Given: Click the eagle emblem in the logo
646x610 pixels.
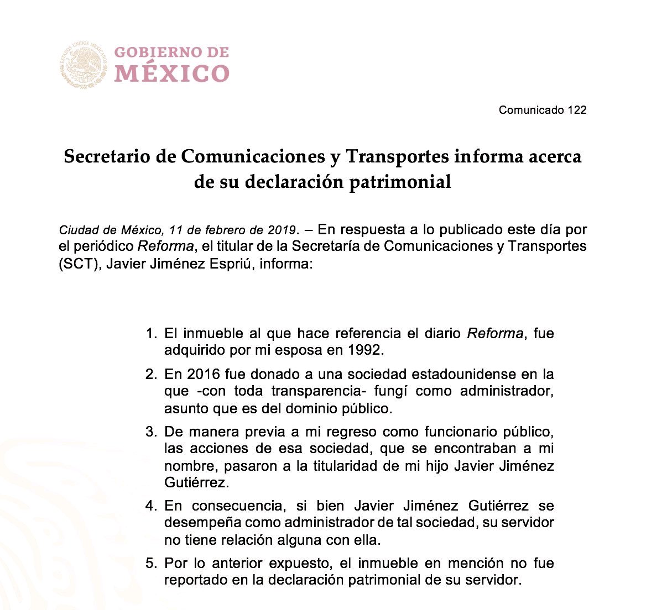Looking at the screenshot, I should [83, 65].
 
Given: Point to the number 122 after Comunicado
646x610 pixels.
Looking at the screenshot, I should [576, 109].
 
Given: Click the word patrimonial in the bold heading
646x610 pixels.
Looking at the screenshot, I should [400, 182].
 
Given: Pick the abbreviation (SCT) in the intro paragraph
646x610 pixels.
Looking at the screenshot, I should [80, 264].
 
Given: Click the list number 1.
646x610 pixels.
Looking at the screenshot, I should [150, 334].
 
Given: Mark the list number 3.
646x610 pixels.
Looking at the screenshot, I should [150, 432].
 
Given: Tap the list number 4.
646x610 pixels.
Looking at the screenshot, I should [150, 506].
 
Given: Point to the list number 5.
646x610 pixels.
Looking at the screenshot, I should [150, 564].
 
